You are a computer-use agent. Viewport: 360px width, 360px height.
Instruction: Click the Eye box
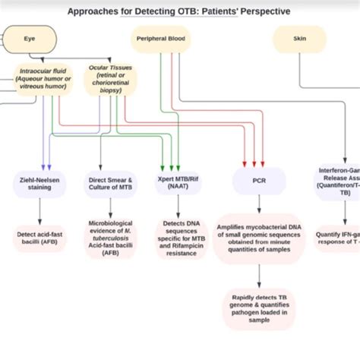coord(29,38)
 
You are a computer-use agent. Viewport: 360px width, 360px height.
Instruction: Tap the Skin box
coord(299,38)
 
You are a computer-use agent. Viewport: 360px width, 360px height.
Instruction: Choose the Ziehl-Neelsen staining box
coord(39,182)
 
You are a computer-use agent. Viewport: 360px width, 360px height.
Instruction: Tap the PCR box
coord(259,182)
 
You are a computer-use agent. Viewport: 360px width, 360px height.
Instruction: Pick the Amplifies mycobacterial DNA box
coord(259,238)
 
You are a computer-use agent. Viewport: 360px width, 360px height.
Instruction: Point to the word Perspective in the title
coord(261,11)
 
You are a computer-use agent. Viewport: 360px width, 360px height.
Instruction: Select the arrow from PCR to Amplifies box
coord(259,204)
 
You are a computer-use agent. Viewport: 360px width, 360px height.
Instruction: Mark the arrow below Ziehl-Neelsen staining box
coord(40,209)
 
